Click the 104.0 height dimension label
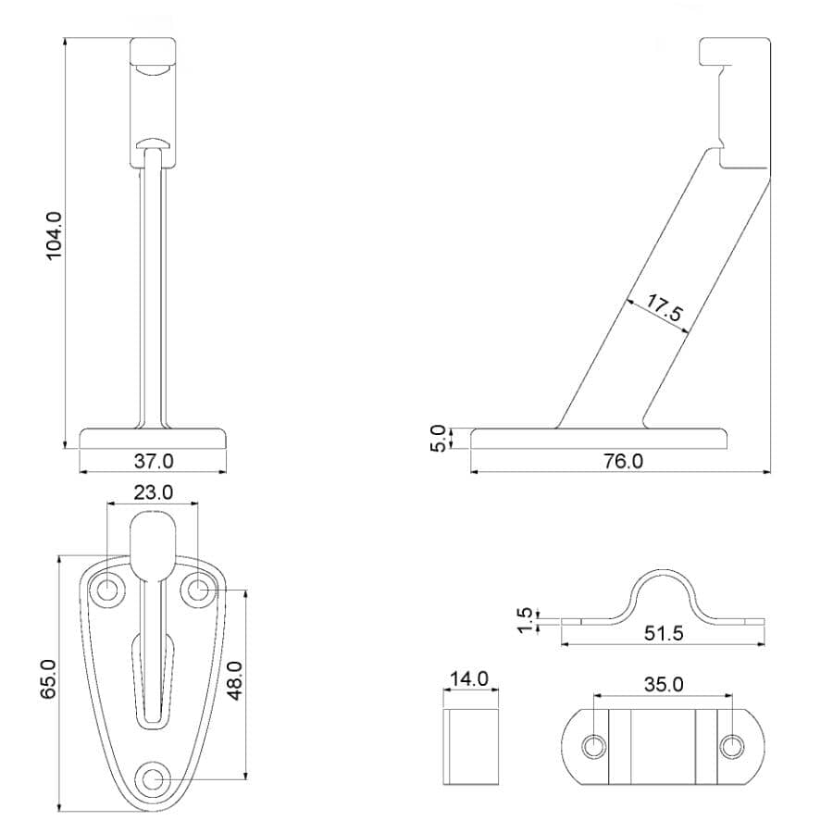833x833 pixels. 54,236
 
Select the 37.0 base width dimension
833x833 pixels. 153,460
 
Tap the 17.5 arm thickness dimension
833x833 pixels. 665,308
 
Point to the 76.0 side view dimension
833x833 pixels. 623,461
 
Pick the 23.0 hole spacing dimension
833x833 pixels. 153,492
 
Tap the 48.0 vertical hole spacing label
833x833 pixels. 234,680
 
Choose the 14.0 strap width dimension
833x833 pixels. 469,678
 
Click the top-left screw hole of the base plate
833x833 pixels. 110,589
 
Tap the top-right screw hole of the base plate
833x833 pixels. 196,589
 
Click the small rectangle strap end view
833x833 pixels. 470,746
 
